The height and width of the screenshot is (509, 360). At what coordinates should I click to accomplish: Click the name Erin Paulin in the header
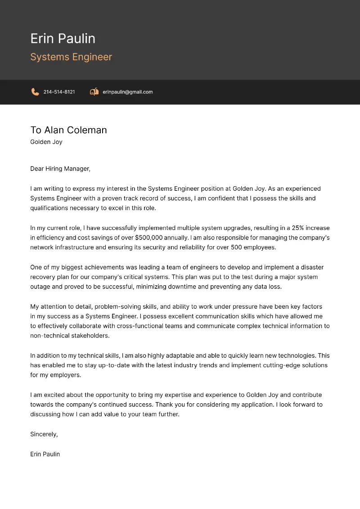tap(63, 39)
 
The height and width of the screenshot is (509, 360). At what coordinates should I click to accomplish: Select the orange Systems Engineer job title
tap(71, 57)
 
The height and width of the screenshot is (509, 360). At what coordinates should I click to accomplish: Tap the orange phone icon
tap(35, 92)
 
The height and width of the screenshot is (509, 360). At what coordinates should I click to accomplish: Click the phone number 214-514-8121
tap(59, 92)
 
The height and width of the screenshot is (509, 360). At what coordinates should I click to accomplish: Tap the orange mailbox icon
tap(94, 92)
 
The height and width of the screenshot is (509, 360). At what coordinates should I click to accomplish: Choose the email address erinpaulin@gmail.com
tap(127, 92)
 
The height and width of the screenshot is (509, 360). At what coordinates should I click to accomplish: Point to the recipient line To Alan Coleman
tap(68, 130)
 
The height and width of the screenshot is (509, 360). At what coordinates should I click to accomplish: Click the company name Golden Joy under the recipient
tap(46, 142)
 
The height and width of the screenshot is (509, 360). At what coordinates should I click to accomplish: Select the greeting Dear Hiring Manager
tap(60, 169)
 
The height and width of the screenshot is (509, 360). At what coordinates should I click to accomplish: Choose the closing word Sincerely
tap(44, 434)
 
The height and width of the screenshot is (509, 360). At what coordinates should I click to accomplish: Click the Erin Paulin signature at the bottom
tap(45, 454)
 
